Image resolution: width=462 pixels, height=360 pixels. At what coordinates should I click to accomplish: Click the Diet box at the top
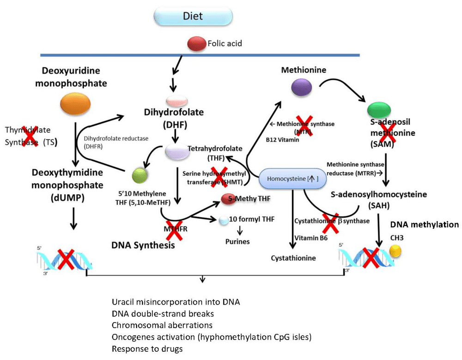(x=193, y=16)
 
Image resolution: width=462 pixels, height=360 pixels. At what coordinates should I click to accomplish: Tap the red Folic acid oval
(x=196, y=44)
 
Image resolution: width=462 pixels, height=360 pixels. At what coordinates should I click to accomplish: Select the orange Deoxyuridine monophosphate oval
(x=76, y=102)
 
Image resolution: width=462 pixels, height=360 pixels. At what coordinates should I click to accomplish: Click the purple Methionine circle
(x=301, y=87)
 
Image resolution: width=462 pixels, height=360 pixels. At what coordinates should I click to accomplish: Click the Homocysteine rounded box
(x=289, y=179)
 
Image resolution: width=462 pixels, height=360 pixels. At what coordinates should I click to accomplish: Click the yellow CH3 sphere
(x=395, y=251)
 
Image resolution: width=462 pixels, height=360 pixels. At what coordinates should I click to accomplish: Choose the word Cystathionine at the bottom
(x=293, y=258)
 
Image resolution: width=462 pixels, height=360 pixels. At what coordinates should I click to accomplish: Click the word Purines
(x=237, y=241)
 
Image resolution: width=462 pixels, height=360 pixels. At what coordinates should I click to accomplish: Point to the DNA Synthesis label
(x=143, y=246)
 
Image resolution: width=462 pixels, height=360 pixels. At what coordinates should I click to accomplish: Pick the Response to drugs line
(x=147, y=348)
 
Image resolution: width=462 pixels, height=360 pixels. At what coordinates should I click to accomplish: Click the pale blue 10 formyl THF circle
(x=224, y=220)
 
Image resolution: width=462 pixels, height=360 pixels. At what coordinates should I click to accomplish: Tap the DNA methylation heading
(x=424, y=225)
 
